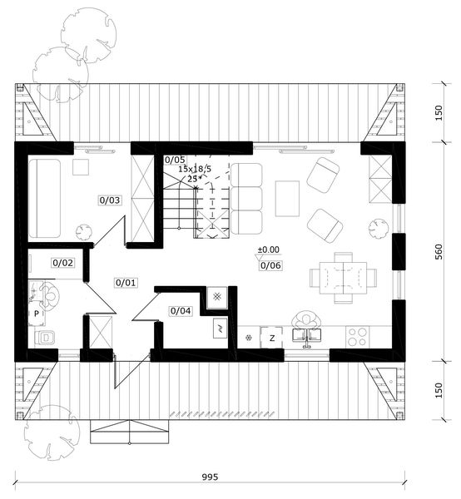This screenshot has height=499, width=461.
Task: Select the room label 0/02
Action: click(x=63, y=263)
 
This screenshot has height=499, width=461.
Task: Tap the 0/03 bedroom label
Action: click(x=111, y=200)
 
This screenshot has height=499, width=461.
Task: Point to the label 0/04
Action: click(x=181, y=311)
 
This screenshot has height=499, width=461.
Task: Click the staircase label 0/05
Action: click(x=175, y=159)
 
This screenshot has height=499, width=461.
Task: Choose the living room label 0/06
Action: click(x=270, y=265)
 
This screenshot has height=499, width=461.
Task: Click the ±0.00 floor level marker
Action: click(x=268, y=249)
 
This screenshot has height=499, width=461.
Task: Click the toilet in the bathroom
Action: click(x=45, y=338)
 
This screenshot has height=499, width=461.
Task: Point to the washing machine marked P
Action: click(x=37, y=314)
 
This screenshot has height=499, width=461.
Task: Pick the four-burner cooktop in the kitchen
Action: click(x=359, y=336)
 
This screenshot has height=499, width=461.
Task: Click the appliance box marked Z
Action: click(x=271, y=337)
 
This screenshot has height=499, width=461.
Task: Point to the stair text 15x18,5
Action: click(x=196, y=168)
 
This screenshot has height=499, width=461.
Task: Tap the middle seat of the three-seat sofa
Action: click(x=247, y=198)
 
